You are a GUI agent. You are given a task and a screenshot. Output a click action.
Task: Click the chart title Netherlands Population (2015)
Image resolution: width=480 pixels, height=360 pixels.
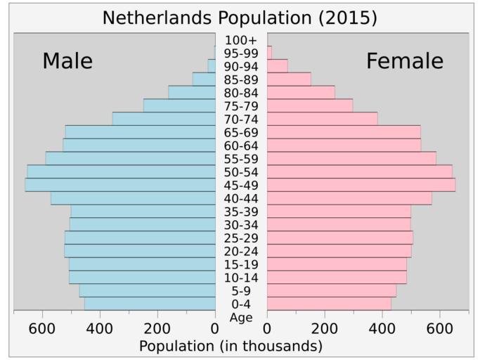[x=240, y=18]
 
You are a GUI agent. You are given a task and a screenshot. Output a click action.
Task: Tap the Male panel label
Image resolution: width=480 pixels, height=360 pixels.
[x=67, y=61]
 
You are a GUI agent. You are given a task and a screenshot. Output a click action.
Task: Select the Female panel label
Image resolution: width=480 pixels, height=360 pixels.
[x=404, y=61]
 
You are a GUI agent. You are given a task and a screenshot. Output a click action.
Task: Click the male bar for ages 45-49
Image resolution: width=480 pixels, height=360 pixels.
[x=120, y=185]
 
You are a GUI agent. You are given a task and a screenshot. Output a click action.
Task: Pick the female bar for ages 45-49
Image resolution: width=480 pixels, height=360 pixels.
[x=361, y=185]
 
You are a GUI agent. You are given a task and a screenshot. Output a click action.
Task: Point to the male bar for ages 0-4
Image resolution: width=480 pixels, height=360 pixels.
[x=150, y=304]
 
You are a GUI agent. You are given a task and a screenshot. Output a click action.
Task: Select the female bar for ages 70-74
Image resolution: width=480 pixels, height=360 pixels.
[x=322, y=119]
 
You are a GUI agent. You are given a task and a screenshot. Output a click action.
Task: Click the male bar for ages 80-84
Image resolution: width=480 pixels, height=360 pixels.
[x=192, y=93]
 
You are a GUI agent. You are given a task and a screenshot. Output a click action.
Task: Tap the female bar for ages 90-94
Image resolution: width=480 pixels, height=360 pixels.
[x=277, y=66]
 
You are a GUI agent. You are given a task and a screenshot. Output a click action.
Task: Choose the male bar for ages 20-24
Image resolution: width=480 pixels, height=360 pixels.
[x=140, y=251]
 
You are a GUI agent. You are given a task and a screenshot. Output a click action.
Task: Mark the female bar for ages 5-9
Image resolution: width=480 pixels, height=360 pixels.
[x=331, y=290]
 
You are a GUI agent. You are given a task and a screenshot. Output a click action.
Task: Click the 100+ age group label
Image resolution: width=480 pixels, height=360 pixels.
[x=241, y=40]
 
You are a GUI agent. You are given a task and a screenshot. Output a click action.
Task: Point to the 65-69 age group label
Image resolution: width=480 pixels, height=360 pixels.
[x=241, y=133]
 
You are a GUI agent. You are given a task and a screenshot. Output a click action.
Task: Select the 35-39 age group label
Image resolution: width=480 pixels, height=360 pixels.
[x=241, y=212]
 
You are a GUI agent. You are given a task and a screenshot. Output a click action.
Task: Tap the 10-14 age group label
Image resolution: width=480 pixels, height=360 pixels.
[x=241, y=278]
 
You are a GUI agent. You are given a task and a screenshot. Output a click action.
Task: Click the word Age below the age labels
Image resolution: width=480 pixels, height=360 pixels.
[x=241, y=317]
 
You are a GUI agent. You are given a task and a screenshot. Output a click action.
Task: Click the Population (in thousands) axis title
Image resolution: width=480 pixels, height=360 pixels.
[x=231, y=346]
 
